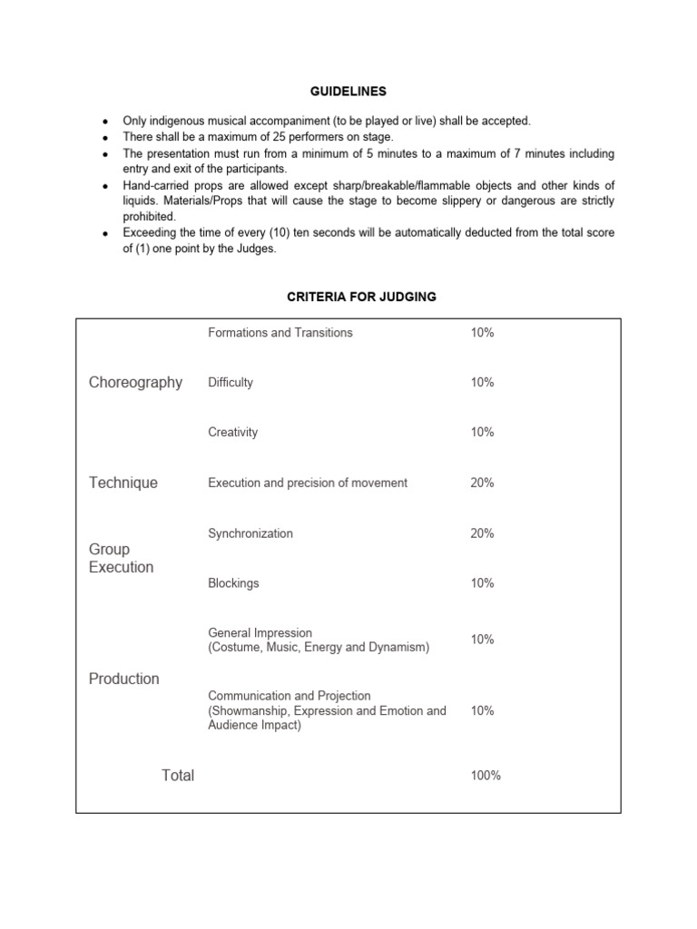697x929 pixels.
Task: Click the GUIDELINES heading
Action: click(x=348, y=92)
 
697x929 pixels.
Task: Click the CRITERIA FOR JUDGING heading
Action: click(x=348, y=298)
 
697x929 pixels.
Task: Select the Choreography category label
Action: click(x=135, y=383)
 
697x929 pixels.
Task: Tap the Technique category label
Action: click(x=123, y=483)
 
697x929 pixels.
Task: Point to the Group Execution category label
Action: click(x=121, y=558)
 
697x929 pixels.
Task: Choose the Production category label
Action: click(x=123, y=679)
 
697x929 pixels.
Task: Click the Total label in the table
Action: click(x=178, y=775)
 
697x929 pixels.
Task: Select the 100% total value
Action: click(x=486, y=776)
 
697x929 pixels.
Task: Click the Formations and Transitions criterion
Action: click(x=280, y=333)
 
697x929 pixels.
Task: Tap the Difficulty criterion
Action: click(x=231, y=383)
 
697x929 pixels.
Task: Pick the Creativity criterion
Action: click(x=232, y=433)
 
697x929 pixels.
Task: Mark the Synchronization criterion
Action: click(x=250, y=533)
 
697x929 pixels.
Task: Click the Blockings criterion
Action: click(x=233, y=583)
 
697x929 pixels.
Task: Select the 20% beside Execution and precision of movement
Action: click(x=482, y=484)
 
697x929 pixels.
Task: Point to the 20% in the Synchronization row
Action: click(x=482, y=533)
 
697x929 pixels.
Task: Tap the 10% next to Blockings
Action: click(x=482, y=583)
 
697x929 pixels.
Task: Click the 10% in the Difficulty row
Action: click(x=482, y=383)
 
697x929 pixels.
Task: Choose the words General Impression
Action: click(x=260, y=633)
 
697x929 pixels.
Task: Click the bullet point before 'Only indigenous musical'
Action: click(x=106, y=122)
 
